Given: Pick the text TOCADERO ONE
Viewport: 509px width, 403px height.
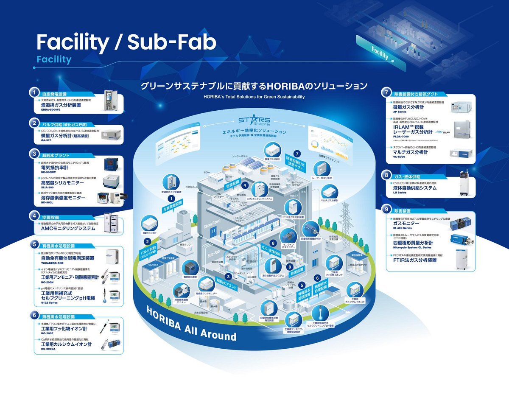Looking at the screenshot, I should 53,263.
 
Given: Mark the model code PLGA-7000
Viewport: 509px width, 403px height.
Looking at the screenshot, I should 400,137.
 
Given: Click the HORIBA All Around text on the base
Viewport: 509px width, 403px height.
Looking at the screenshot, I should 191,322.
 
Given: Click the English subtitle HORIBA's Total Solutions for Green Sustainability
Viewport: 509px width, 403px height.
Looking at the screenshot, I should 254,97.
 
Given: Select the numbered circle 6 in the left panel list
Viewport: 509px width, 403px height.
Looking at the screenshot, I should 34,316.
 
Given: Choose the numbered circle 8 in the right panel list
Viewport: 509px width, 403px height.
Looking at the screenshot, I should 386,175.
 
